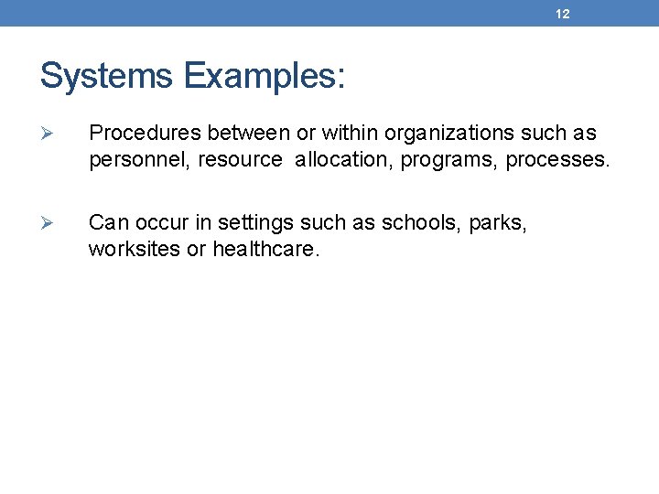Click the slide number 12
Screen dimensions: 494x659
563,15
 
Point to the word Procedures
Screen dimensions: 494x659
145,134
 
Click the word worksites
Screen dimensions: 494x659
135,249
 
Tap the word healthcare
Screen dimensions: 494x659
266,249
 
